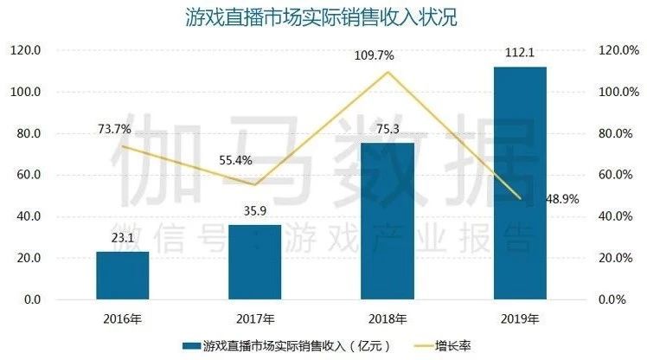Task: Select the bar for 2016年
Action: coord(122,275)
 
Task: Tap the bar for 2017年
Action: coord(254,262)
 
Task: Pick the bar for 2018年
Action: coord(387,222)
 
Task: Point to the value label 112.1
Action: coord(520,55)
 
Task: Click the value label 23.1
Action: coord(122,239)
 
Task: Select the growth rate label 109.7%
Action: coord(374,55)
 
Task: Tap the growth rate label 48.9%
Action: coord(561,199)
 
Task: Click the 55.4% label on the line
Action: coord(242,161)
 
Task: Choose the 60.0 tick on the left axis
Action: coord(29,175)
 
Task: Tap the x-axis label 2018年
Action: coord(388,318)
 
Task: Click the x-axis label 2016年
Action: coord(122,318)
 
